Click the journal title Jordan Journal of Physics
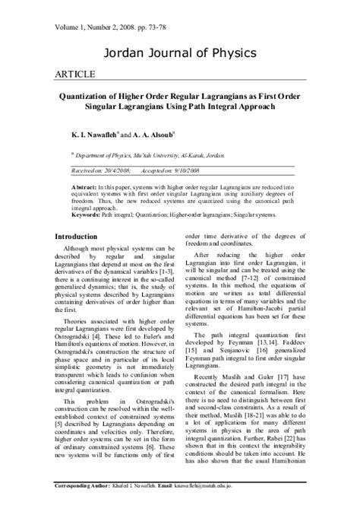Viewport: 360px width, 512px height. click(179, 52)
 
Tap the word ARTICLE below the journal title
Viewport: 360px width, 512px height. click(74, 75)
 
